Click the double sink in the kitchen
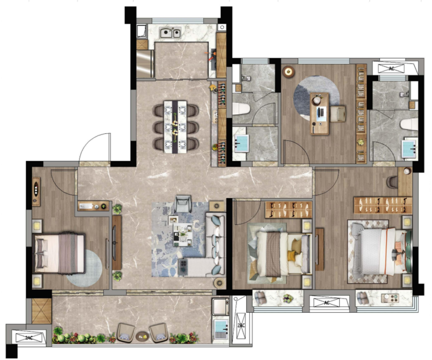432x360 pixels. coord(170,33)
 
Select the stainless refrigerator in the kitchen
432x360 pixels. coord(145,64)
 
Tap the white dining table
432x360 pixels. coord(175,127)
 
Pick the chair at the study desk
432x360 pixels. coord(338,113)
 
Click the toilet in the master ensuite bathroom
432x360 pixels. coord(409,124)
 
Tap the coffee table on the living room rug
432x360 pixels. coord(182,235)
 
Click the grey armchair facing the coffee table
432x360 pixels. coord(183,204)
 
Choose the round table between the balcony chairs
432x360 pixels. coord(142,336)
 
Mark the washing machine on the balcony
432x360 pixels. coord(220,306)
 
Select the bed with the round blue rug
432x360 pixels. coord(59,253)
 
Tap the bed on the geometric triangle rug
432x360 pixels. coord(283,254)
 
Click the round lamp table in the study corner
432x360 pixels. coord(288,72)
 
